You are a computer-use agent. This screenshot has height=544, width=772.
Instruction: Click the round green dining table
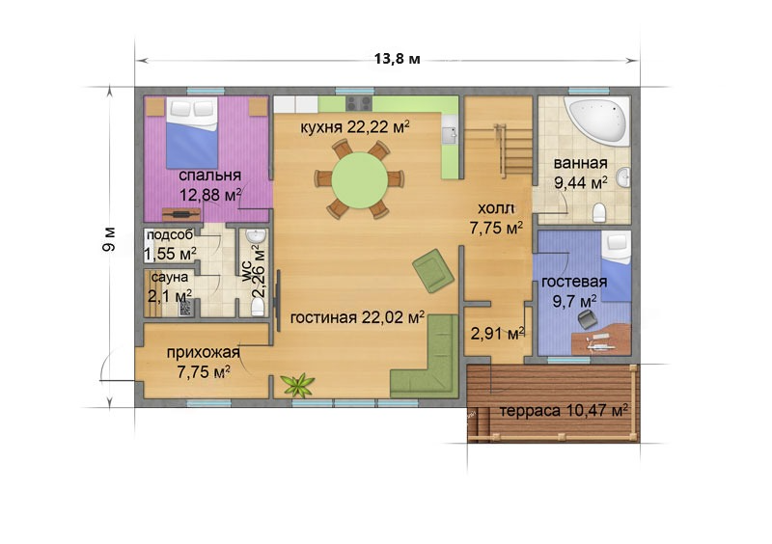pyautogui.click(x=359, y=180)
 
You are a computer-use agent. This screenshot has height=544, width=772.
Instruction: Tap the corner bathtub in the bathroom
pyautogui.click(x=599, y=120)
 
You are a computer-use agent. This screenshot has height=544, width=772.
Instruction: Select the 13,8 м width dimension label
pyautogui.click(x=398, y=59)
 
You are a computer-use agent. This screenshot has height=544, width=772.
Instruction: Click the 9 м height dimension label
pyautogui.click(x=109, y=239)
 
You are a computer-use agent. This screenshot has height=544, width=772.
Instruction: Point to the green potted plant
pyautogui.click(x=297, y=385)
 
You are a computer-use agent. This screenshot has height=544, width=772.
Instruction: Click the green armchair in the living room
pyautogui.click(x=432, y=270)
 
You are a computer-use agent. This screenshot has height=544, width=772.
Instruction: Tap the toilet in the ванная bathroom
pyautogui.click(x=599, y=212)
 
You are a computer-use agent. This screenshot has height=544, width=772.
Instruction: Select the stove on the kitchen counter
pyautogui.click(x=358, y=103)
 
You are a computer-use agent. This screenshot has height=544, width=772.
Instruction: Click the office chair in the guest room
pyautogui.click(x=586, y=318)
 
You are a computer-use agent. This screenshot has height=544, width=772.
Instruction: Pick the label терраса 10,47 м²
pyautogui.click(x=564, y=410)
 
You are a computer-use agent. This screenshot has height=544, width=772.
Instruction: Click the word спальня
pyautogui.click(x=209, y=176)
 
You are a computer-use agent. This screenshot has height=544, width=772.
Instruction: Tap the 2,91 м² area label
pyautogui.click(x=497, y=334)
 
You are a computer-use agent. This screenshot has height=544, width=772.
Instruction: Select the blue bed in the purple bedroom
pyautogui.click(x=192, y=133)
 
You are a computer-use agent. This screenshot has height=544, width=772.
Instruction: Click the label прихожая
pyautogui.click(x=204, y=352)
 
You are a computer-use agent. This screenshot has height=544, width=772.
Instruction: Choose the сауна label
pyautogui.click(x=170, y=277)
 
